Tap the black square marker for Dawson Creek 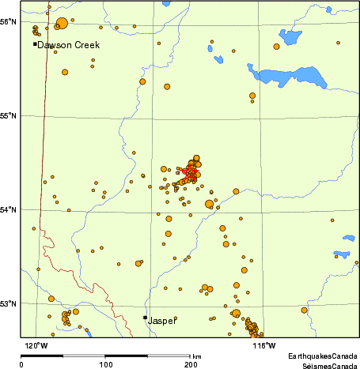[35, 44]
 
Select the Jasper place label [162, 322]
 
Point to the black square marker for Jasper [145, 318]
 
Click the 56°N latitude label [9, 21]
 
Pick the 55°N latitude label [9, 116]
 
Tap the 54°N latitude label [9, 209]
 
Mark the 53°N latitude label [9, 303]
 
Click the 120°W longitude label [36, 345]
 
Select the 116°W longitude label [263, 345]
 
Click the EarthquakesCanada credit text [322, 357]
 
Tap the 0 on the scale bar [21, 365]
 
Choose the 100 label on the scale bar [105, 365]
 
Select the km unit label [196, 357]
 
